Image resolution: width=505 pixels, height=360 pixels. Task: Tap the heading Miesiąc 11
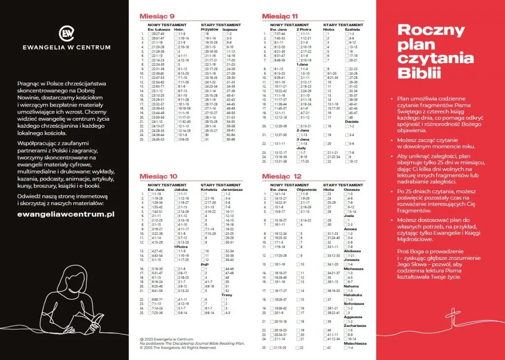[280, 16]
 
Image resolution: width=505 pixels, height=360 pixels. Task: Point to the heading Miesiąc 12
[282, 176]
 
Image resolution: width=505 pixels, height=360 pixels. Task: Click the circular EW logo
[67, 33]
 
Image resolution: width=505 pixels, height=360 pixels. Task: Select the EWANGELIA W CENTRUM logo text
[67, 47]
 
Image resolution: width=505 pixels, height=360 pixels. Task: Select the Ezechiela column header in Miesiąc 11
[352, 29]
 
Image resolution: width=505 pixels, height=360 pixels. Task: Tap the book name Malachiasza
[355, 343]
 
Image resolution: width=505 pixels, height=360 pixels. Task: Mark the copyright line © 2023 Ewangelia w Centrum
[166, 339]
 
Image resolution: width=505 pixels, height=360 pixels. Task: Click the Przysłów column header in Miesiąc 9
[210, 29]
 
